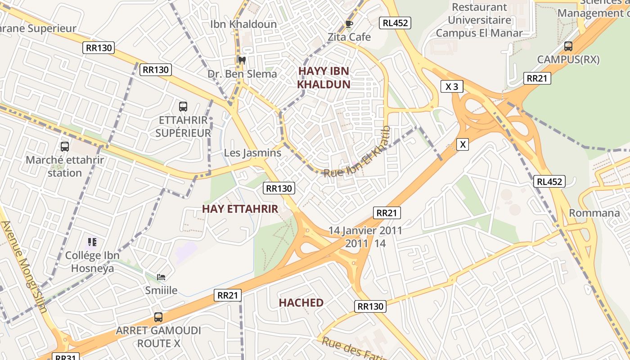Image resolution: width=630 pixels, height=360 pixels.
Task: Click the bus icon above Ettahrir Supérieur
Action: (183, 107)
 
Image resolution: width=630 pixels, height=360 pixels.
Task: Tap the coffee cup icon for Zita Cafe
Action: (349, 24)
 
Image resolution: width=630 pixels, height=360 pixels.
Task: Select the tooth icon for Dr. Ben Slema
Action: (242, 60)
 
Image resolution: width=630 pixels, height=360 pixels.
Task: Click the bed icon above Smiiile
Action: (161, 277)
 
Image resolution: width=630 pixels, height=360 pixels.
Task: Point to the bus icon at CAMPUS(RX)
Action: (568, 46)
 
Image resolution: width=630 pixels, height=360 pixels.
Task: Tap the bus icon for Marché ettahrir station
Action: (65, 146)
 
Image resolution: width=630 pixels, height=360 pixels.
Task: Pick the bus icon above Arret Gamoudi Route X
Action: (158, 317)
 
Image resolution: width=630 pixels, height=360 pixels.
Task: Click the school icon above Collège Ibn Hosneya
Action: (92, 242)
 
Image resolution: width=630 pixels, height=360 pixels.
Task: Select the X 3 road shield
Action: (451, 86)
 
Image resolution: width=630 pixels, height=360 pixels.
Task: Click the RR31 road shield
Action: (65, 357)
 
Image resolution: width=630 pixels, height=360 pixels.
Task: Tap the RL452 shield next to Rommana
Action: (549, 181)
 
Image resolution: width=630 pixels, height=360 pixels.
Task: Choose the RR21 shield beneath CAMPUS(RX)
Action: (537, 78)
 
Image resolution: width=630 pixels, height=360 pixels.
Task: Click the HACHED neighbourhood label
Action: (301, 303)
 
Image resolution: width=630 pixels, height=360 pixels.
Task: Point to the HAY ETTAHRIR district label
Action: (240, 209)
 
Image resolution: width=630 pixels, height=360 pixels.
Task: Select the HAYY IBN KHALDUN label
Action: (324, 77)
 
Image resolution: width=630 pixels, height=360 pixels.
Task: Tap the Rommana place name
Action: (594, 213)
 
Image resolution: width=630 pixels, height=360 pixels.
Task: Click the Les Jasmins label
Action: (252, 153)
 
